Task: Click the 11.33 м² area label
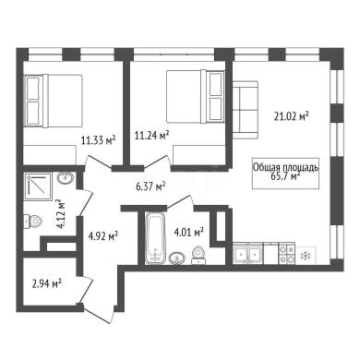click(x=99, y=140)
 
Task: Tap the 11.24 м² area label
click(x=152, y=135)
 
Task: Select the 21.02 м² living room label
click(x=292, y=116)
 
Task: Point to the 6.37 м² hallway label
click(x=150, y=186)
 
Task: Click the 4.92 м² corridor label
click(x=103, y=236)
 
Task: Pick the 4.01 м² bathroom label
click(x=189, y=232)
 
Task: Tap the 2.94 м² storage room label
click(x=46, y=283)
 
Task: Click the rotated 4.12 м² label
click(x=61, y=214)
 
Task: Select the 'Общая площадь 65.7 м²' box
click(x=285, y=174)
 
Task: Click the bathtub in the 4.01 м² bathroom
click(x=155, y=237)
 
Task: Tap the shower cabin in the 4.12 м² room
click(x=39, y=186)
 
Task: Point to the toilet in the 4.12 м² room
click(x=32, y=222)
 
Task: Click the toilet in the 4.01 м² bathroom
click(x=198, y=256)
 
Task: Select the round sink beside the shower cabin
click(x=66, y=178)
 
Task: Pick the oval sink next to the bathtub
click(x=177, y=258)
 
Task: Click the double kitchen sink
click(x=248, y=255)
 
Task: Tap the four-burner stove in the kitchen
click(x=287, y=255)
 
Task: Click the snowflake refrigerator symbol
click(x=306, y=255)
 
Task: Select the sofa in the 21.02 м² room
click(x=246, y=110)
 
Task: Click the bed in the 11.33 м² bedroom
click(x=54, y=101)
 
